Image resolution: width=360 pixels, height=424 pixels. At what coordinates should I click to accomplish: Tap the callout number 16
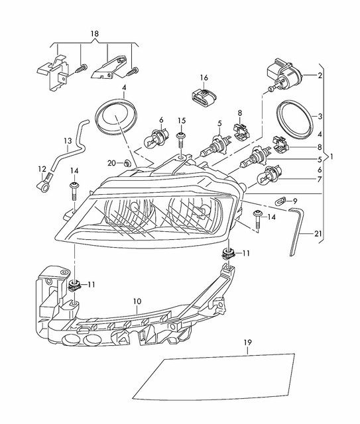click(x=204, y=78)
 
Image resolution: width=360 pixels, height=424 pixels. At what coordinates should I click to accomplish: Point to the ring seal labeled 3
click(x=292, y=119)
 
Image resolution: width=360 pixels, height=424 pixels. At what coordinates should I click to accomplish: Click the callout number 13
click(x=68, y=140)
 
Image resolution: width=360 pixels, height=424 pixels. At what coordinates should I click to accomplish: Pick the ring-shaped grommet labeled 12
click(x=44, y=186)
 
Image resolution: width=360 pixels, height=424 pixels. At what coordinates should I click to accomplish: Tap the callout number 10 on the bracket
click(x=137, y=301)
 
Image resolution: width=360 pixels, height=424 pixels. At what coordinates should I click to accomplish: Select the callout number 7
click(x=320, y=180)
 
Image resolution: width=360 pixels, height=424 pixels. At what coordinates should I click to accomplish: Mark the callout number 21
click(x=319, y=234)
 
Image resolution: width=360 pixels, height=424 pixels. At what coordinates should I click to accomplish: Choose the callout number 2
click(x=320, y=76)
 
